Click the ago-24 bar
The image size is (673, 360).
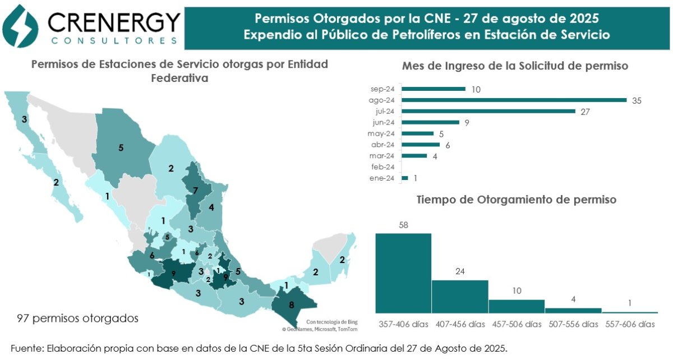point(514,100)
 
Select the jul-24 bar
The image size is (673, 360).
point(488,111)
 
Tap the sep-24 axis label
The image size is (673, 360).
point(383,89)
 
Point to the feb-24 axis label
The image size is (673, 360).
point(383,167)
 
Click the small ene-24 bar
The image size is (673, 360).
point(405,178)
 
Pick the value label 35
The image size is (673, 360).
point(636,100)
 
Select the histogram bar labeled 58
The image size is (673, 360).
point(403,273)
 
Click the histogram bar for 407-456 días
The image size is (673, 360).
point(460,296)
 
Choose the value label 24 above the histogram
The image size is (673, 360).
point(460,272)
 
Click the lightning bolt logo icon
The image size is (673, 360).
point(20,26)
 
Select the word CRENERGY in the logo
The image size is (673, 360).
point(114,23)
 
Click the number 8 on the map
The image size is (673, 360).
point(291,306)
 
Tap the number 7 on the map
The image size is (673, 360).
point(195,191)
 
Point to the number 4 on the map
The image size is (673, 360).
point(211,207)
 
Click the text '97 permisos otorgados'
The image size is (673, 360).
point(78,318)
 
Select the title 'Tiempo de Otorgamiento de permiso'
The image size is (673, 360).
point(516,199)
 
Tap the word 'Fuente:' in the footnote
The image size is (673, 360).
point(27,348)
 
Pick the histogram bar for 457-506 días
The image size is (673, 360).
point(517,306)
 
